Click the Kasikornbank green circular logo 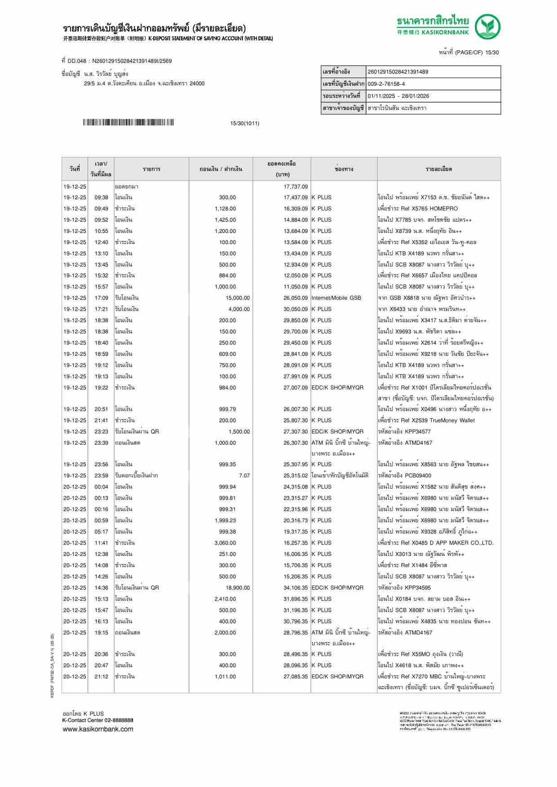coord(488,27)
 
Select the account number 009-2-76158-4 coord(386,84)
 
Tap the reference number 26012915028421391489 coord(398,72)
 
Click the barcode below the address coord(128,123)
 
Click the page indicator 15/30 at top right coord(492,53)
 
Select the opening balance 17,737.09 coord(296,187)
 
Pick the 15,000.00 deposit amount coord(238,298)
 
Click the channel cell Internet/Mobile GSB coord(336,298)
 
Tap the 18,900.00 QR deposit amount coord(238,588)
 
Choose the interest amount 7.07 coord(244,476)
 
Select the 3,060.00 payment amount coord(225,543)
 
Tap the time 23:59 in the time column coord(101,476)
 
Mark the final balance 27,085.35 coord(296,676)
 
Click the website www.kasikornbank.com coord(98,729)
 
